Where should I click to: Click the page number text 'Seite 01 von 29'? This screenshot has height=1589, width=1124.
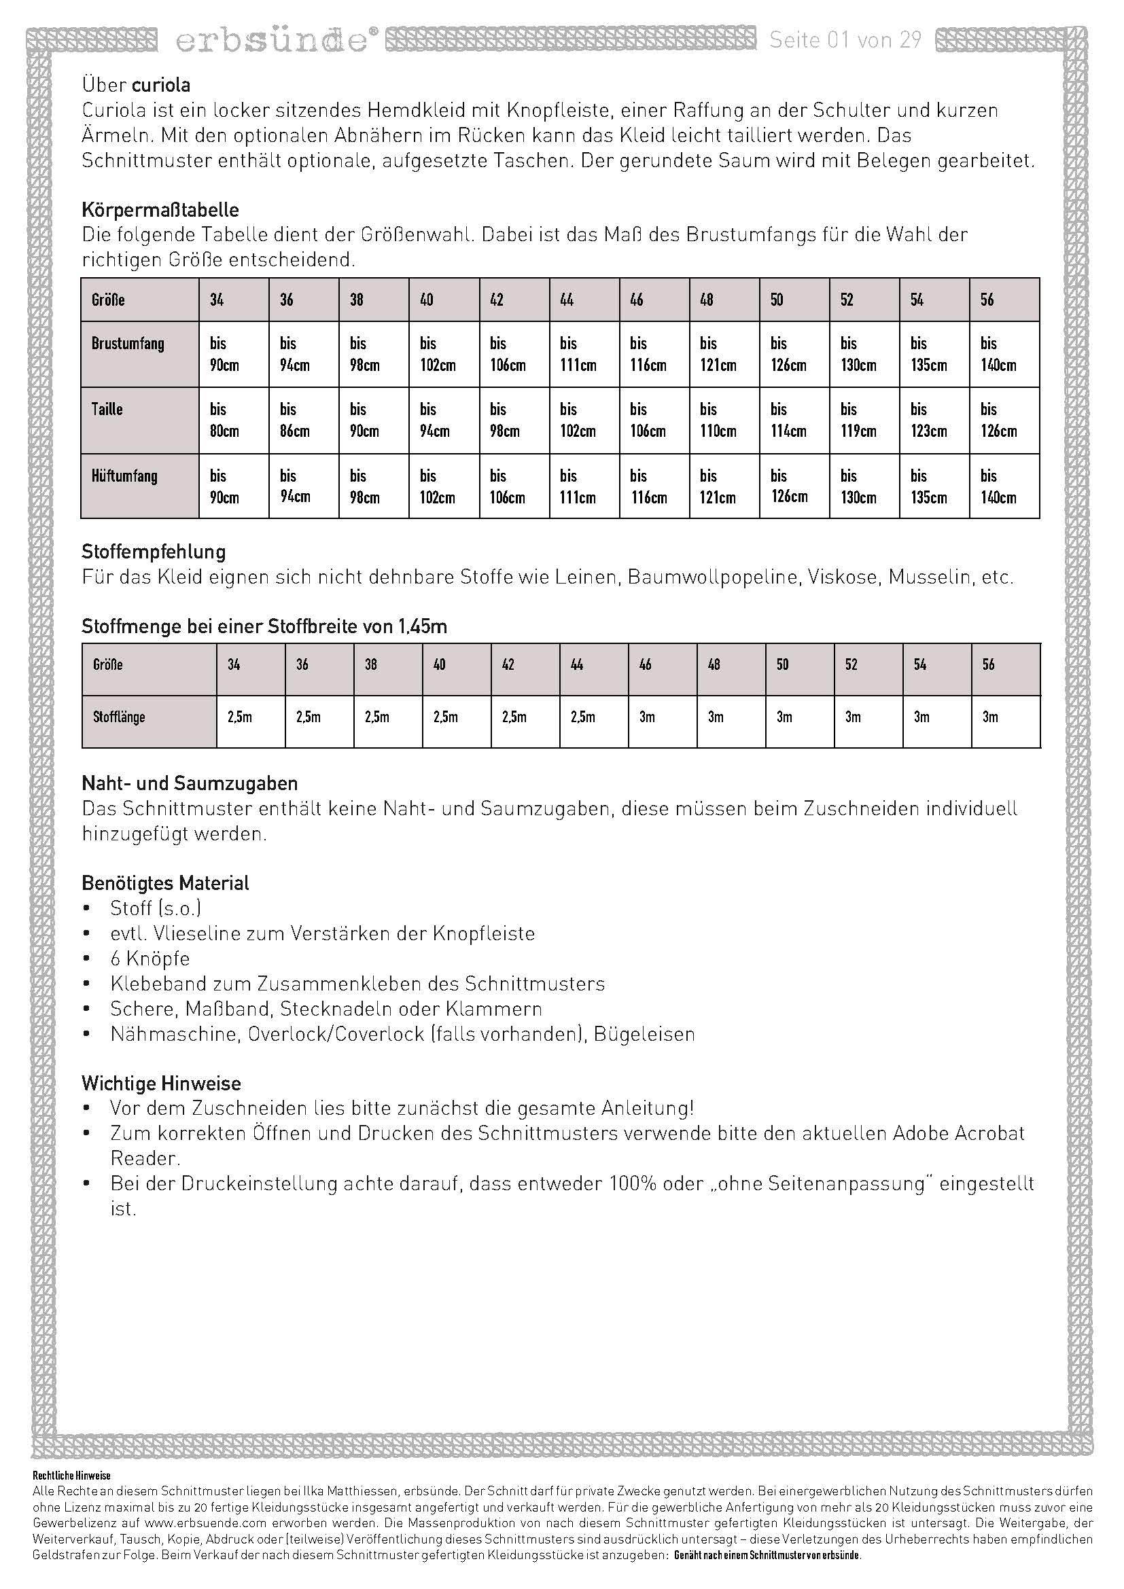pos(845,40)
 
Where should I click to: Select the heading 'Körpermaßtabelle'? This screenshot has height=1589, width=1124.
pos(160,210)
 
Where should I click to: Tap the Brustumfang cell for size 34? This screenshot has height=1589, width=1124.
pos(233,354)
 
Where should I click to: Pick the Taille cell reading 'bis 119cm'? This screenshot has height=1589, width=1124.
pos(864,420)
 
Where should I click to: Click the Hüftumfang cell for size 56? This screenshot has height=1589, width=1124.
pos(1004,486)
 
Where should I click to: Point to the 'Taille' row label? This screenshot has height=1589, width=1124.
pos(107,409)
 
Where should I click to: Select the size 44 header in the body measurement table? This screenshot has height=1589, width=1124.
pos(567,300)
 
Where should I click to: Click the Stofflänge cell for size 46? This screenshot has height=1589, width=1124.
pos(663,717)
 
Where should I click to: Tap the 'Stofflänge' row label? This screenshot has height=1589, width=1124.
pos(119,717)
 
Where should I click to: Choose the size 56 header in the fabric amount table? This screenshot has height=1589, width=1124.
pos(988,664)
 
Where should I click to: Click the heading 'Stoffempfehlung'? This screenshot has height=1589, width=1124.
pos(154,552)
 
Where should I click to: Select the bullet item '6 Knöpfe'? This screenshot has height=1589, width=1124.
pos(150,959)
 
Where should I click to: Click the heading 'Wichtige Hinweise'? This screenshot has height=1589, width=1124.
pos(161,1083)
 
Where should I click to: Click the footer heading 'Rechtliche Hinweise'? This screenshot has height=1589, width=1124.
pos(71,1495)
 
